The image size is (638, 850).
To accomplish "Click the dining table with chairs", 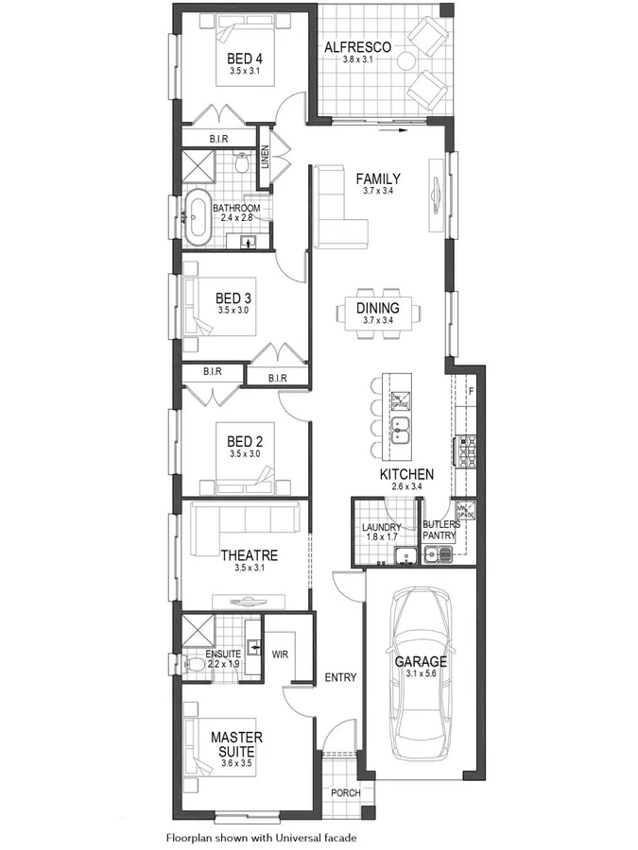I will click(377, 313).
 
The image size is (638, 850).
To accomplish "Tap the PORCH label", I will click(345, 792).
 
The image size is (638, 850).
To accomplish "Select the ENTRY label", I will click(339, 677).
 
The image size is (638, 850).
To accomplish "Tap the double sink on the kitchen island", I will click(401, 431).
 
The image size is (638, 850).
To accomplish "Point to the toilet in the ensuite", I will click(195, 665).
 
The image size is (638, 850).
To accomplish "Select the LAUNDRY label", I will click(382, 527).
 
